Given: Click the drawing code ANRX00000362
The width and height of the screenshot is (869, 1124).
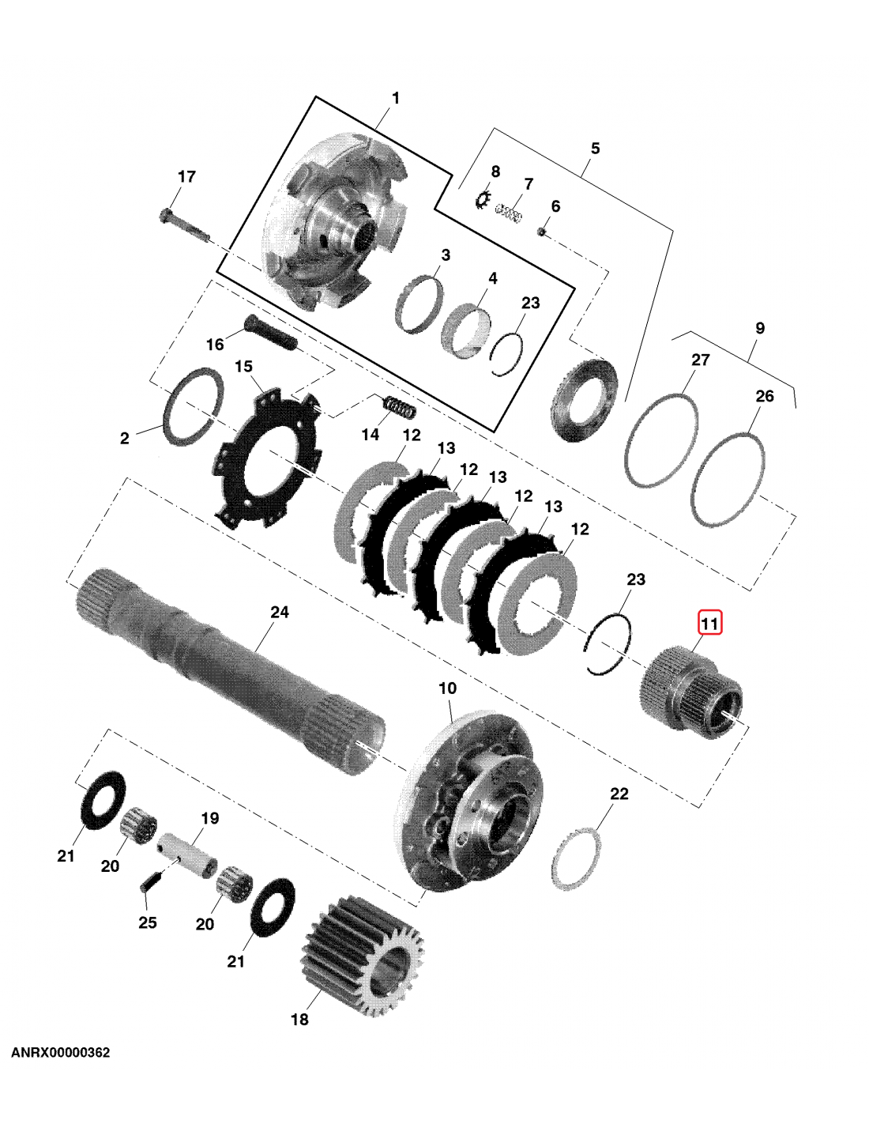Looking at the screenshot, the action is point(61,1053).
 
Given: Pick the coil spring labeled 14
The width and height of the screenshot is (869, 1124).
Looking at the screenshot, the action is point(399,406).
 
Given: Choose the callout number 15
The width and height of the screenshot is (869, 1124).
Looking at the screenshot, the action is point(243,367).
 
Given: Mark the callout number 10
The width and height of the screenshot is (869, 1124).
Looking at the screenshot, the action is point(448,688).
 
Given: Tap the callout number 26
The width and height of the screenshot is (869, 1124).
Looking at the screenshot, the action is point(765,396).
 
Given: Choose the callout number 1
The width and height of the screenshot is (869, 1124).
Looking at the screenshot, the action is point(396,98).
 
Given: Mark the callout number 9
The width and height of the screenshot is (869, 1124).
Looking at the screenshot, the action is point(760,328).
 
